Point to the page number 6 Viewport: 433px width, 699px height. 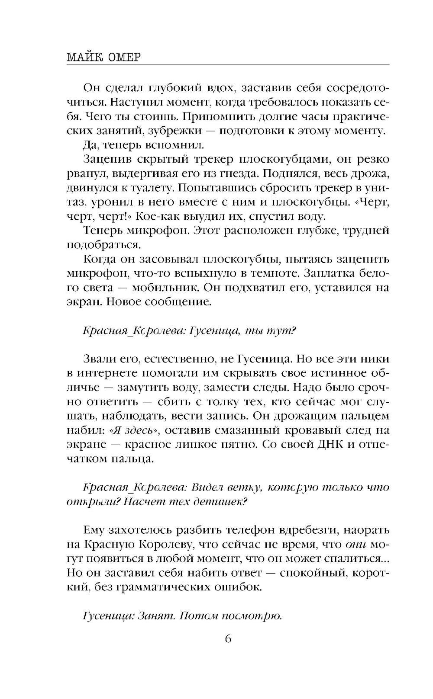tap(228, 639)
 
